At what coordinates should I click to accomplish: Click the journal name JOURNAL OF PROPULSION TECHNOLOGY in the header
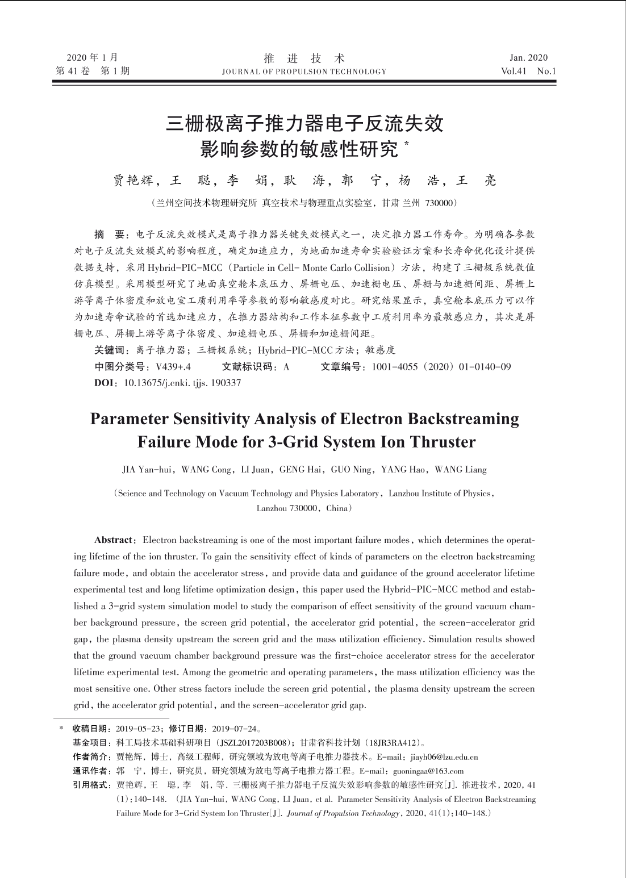click(x=304, y=72)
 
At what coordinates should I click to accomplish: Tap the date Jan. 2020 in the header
click(x=528, y=58)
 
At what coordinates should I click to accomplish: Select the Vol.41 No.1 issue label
click(x=528, y=72)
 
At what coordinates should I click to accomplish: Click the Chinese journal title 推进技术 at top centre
click(x=304, y=58)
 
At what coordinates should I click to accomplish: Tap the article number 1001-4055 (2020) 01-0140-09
click(x=441, y=366)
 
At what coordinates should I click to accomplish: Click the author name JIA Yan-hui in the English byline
click(x=148, y=470)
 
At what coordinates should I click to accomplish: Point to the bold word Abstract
click(x=114, y=540)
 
